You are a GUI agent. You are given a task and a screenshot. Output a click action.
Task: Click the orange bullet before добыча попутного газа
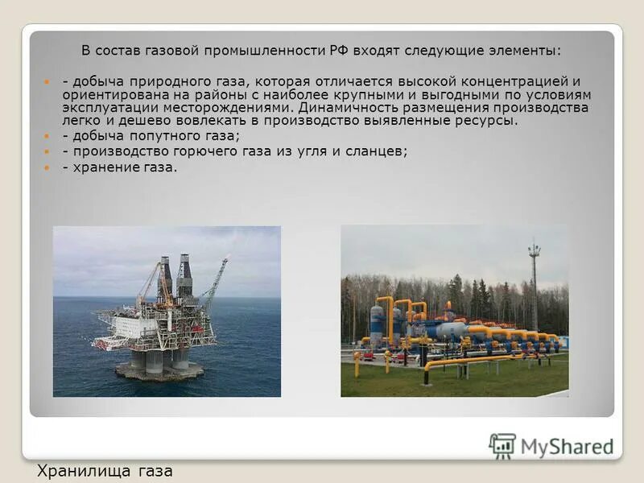[x=47, y=136]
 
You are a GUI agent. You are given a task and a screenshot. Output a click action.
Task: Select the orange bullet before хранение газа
[x=47, y=167]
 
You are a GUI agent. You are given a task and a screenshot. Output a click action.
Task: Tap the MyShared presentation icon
[x=502, y=446]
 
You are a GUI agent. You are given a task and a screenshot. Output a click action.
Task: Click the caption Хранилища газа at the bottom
[x=105, y=470]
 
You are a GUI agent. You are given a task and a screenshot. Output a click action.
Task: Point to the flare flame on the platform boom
[x=229, y=258]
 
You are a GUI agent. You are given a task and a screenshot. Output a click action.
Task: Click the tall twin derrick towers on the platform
[x=175, y=278]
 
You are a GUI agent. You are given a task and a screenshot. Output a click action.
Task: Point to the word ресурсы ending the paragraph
[x=486, y=120]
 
